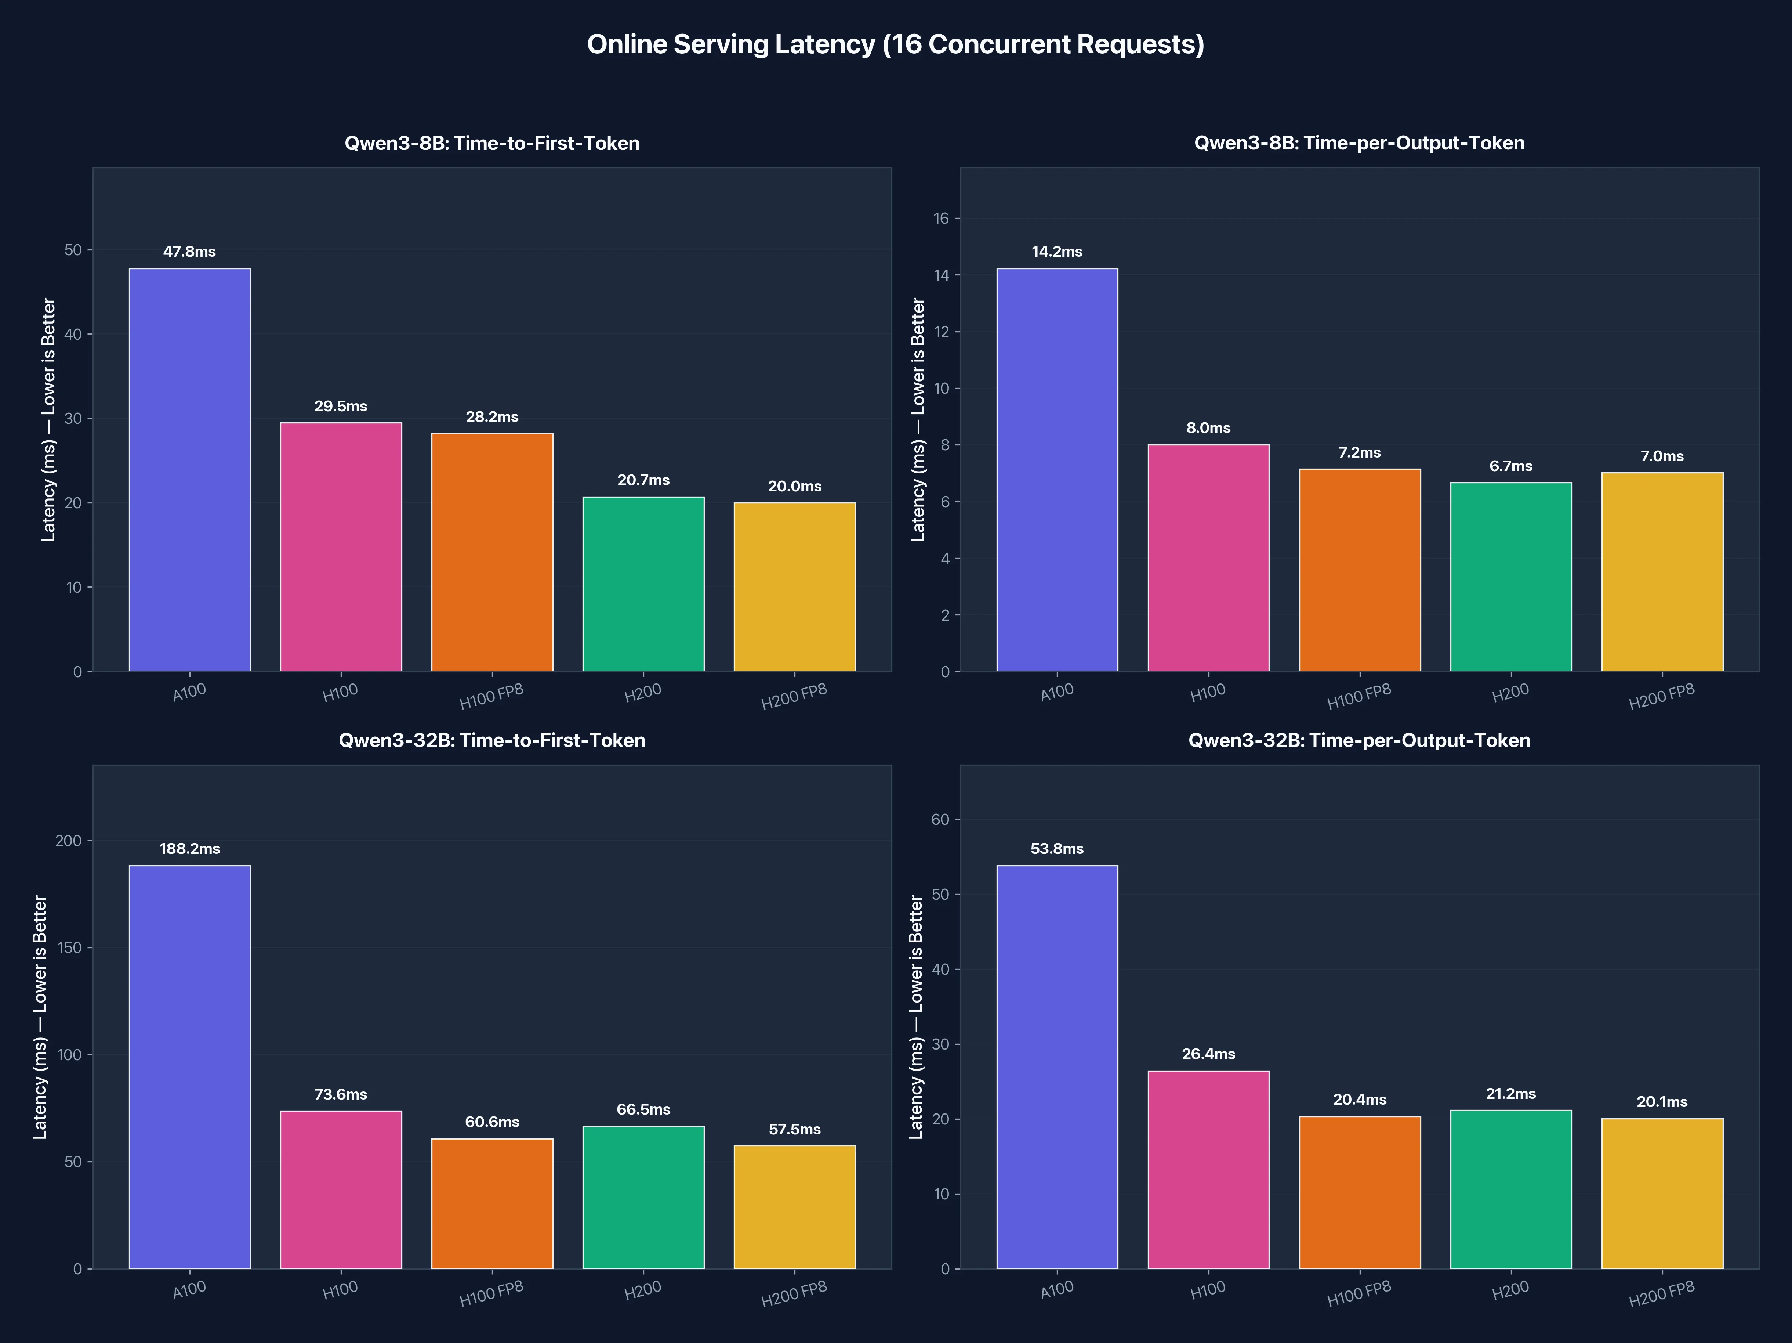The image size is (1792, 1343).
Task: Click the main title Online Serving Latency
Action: click(895, 44)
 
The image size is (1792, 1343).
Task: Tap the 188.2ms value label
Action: click(189, 849)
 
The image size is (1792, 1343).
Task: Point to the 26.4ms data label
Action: click(1208, 1054)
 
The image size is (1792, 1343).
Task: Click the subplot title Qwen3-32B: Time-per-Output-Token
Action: click(1358, 740)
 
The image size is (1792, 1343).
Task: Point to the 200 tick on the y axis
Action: click(69, 841)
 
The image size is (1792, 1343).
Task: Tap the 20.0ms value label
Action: click(794, 486)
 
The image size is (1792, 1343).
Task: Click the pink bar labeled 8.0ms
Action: click(1208, 557)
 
